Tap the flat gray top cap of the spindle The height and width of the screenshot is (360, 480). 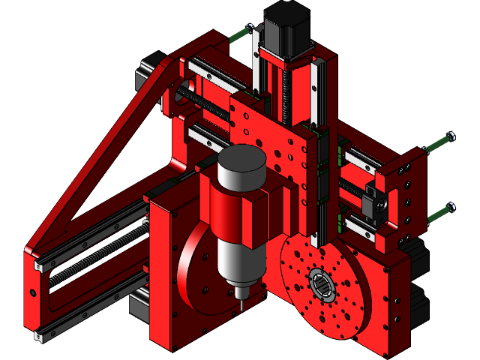[x=241, y=160]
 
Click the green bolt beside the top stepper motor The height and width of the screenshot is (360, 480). [x=241, y=34]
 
